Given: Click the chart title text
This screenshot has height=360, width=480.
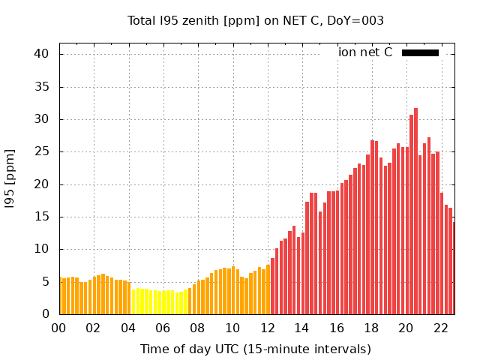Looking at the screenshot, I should click(255, 21).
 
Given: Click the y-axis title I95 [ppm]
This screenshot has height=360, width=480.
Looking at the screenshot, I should click(10, 178).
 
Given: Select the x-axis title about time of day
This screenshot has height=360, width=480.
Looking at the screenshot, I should click(255, 349).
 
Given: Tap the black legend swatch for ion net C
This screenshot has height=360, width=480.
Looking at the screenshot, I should click(420, 52).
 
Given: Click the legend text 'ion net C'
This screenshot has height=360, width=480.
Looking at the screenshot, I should click(365, 52).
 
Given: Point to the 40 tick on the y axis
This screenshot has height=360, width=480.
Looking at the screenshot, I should click(41, 54).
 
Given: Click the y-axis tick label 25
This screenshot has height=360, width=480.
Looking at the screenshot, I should click(41, 151).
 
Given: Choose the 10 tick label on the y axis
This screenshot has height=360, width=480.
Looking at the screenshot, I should click(41, 249).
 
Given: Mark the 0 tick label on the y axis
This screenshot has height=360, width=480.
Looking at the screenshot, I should click(46, 314).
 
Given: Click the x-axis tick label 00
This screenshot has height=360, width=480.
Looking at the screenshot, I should click(58, 328).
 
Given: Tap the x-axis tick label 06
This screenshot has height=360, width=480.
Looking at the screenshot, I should click(163, 328).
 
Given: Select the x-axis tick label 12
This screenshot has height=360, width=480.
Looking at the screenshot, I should click(267, 328).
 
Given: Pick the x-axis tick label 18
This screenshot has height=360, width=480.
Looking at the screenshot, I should click(371, 328).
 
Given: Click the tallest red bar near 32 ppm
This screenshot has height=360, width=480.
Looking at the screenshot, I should click(415, 210).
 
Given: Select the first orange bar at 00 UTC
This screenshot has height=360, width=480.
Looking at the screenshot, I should click(60, 296).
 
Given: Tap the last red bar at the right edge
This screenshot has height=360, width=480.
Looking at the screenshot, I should click(454, 268).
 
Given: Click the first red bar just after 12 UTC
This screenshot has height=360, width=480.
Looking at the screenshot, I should click(273, 286).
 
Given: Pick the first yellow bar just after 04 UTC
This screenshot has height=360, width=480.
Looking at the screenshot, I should click(133, 302).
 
